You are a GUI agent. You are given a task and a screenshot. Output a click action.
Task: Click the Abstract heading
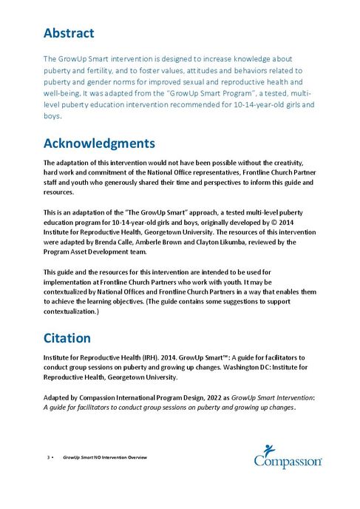coord(69,33)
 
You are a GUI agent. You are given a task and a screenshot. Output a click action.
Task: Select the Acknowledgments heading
coord(99,143)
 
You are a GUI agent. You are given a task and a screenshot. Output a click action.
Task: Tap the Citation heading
coord(67,338)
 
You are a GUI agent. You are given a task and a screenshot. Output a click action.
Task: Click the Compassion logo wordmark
coord(288,462)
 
